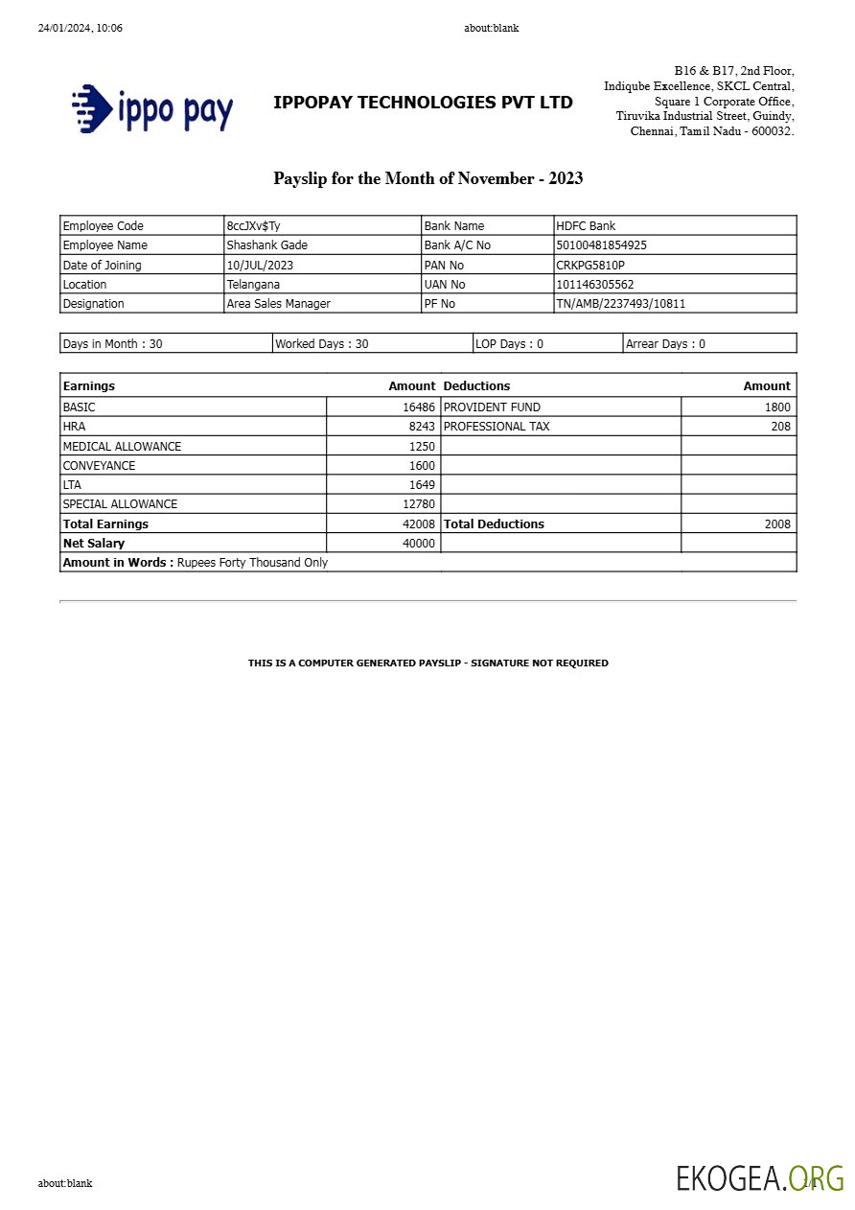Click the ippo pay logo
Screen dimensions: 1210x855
point(152,107)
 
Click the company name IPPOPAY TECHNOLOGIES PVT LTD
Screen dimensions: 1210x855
point(423,103)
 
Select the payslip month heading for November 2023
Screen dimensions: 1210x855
point(427,178)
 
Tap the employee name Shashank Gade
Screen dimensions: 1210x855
point(266,245)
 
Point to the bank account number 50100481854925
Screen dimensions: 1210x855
point(601,245)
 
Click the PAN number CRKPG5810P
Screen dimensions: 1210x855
point(590,265)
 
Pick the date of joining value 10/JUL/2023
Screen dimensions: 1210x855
point(260,265)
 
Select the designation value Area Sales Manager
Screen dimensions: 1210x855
point(278,304)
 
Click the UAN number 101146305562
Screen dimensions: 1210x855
point(595,285)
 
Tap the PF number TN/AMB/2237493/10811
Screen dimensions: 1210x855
point(620,304)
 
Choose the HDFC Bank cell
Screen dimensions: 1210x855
point(586,226)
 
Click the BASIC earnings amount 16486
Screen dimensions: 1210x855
point(419,407)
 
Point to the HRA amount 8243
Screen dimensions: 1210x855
point(422,427)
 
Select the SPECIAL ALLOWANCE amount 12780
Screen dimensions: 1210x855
point(419,504)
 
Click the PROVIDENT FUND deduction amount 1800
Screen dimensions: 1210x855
point(777,407)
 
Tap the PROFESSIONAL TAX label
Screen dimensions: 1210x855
point(497,427)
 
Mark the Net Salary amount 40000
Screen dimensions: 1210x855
point(419,544)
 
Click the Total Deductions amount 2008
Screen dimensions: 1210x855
point(777,524)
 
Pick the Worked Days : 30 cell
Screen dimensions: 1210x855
point(322,344)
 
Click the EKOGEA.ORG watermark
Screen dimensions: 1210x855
point(759,1178)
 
